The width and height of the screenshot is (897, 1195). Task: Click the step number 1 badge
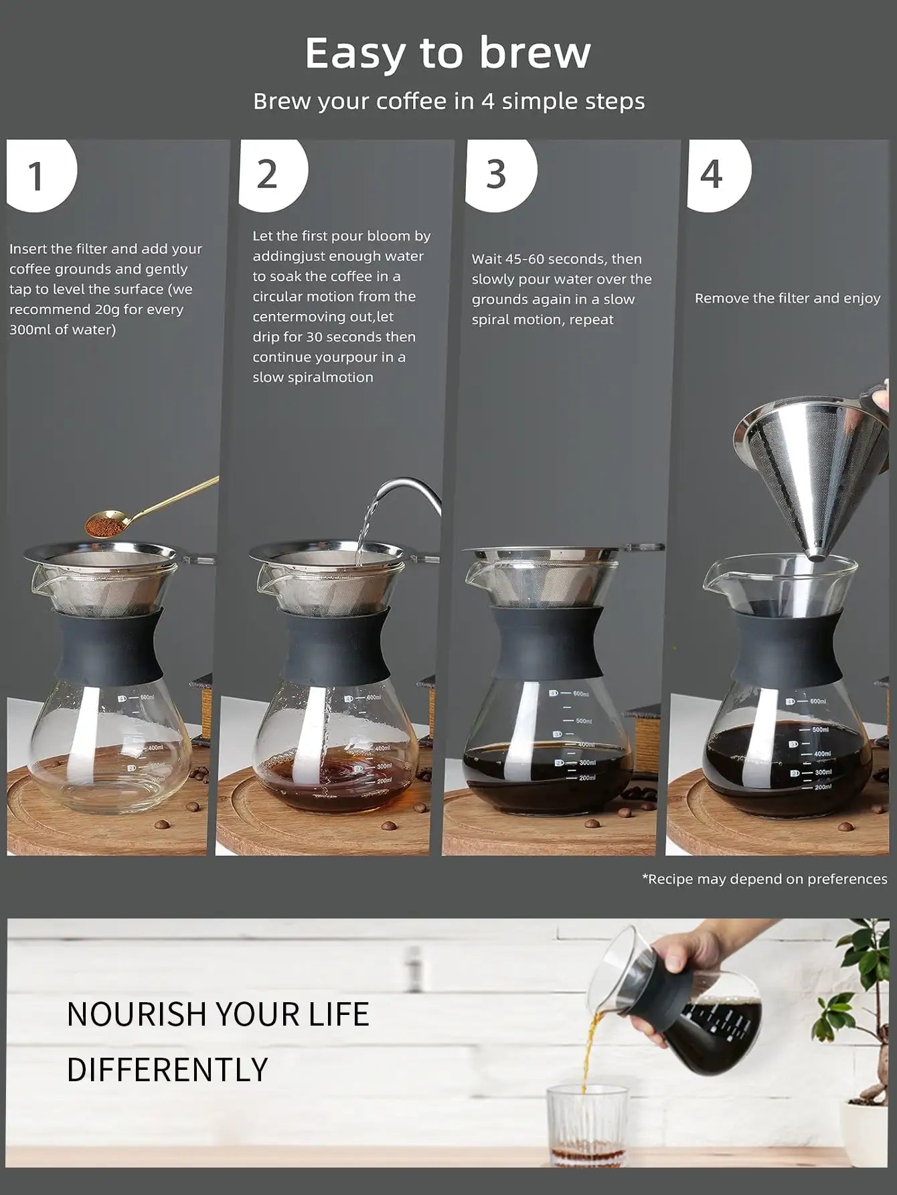[37, 175]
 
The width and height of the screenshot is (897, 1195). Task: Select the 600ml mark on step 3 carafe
[580, 694]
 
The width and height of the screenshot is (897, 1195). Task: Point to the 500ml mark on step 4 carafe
[820, 729]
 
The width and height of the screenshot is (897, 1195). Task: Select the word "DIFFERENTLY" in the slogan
[167, 1069]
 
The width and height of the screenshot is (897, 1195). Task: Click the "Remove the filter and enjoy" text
[787, 299]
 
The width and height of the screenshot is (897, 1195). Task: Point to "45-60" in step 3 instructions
[525, 259]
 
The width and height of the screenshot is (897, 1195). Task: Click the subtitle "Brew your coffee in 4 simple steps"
[448, 101]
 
